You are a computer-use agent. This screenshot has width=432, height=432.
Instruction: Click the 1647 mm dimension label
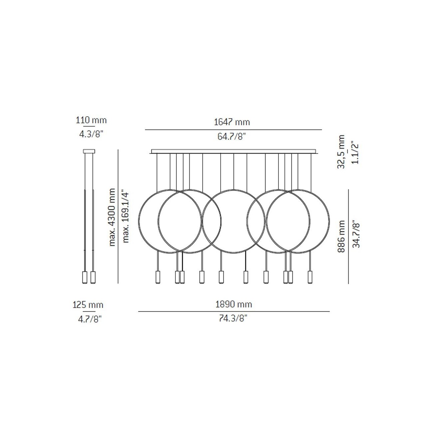[x=232, y=122]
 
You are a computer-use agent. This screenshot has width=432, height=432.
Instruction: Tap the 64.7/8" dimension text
[x=232, y=136]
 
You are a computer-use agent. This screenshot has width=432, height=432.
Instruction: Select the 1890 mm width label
[x=234, y=304]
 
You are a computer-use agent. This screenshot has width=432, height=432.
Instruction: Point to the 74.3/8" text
[x=233, y=318]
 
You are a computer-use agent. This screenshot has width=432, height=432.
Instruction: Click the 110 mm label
[x=91, y=120]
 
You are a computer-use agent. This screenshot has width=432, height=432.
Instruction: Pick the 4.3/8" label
[x=91, y=134]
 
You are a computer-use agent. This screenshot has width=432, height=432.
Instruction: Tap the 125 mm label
[x=88, y=305]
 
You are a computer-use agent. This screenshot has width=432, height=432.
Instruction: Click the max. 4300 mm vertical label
[x=112, y=217]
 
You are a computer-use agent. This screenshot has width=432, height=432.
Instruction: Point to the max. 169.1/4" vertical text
[x=126, y=217]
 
